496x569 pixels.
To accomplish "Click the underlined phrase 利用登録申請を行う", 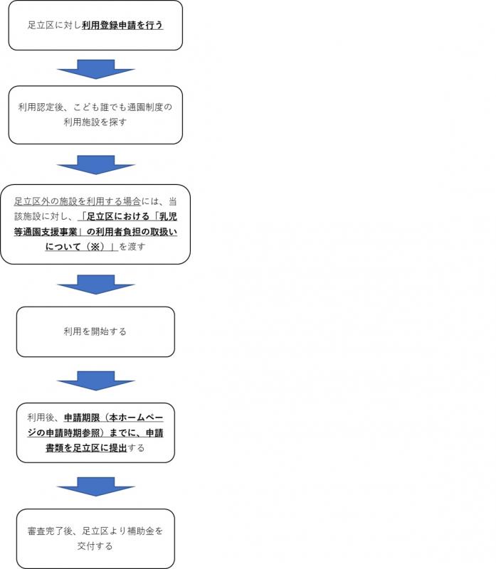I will click(123, 26).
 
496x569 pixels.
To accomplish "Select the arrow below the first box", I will click(95, 68).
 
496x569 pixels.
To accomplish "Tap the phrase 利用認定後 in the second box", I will click(41, 107).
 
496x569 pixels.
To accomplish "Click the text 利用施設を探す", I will click(95, 122).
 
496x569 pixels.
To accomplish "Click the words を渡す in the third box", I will click(132, 246).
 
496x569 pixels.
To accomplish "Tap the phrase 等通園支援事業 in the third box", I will click(47, 231).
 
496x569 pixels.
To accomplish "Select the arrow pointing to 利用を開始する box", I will click(95, 284).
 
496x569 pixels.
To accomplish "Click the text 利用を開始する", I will click(95, 331).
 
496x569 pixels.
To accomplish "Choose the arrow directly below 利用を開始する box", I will click(95, 381).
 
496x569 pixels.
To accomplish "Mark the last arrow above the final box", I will click(95, 486).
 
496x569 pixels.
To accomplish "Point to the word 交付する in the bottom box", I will click(95, 546).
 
